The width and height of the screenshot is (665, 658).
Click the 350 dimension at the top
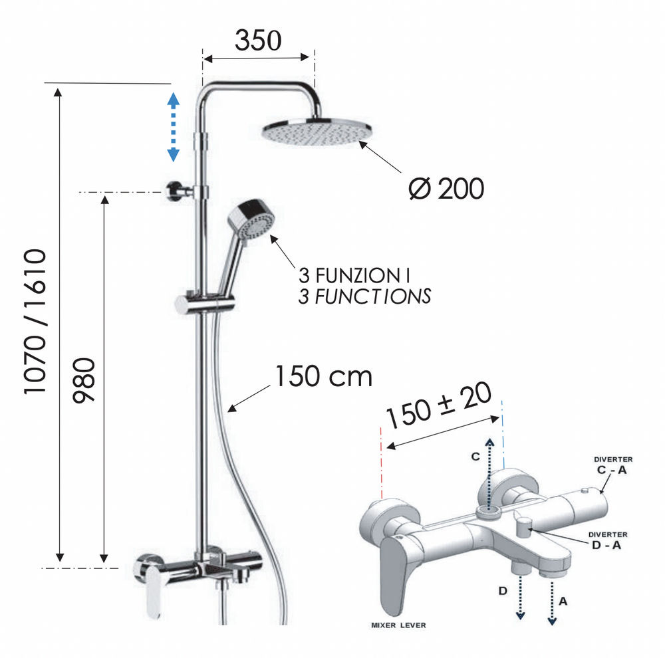[x=258, y=41]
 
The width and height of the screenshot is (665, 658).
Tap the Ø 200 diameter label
[x=446, y=189]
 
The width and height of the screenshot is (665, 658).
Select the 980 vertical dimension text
[x=84, y=380]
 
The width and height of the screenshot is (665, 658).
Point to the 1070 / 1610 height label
[x=35, y=322]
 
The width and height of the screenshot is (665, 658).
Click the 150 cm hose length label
[x=324, y=376]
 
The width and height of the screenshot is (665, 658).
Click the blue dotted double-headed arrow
[x=173, y=127]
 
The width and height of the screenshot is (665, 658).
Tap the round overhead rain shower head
[x=317, y=132]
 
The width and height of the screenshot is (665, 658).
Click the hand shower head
[x=252, y=221]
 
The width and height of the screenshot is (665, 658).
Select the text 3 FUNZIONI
[x=354, y=276]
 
